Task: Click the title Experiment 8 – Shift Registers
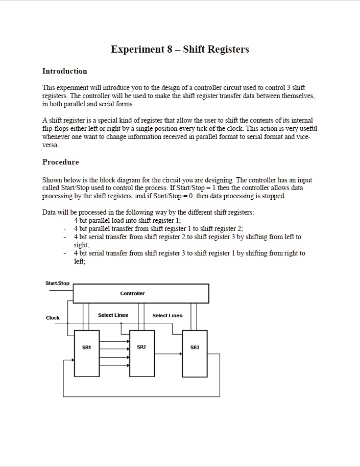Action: click(180, 50)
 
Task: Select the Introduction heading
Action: click(64, 71)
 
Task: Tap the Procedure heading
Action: click(60, 162)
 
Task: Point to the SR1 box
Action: click(87, 353)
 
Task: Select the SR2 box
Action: click(142, 353)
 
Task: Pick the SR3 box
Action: click(195, 353)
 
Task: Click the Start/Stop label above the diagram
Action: click(57, 283)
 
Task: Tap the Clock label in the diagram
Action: click(53, 318)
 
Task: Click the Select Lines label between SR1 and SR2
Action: click(113, 315)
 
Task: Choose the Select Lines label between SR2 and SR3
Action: click(167, 315)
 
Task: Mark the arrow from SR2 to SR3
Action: click(169, 353)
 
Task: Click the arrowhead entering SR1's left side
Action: click(72, 360)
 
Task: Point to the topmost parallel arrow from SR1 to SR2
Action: click(114, 340)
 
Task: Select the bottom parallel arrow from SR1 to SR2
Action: click(114, 365)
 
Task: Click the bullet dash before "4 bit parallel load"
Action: click(65, 221)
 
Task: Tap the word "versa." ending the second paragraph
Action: click(51, 145)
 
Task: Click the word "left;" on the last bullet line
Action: click(80, 261)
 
